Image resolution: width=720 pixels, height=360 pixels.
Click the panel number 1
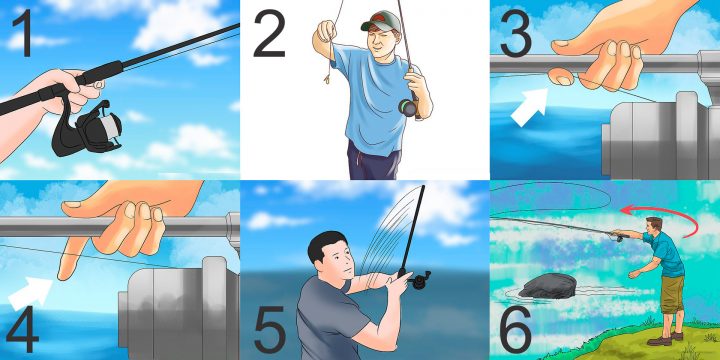24,32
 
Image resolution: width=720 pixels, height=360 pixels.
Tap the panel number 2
269,34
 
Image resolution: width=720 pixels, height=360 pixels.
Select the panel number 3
516,34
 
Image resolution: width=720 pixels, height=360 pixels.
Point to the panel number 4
23,329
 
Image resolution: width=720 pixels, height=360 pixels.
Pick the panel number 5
271,329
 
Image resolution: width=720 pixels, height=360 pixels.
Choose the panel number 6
516,329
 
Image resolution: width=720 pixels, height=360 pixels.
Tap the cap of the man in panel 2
381,21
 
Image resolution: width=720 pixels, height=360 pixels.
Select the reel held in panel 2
408,107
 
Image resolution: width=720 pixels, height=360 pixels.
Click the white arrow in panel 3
529,107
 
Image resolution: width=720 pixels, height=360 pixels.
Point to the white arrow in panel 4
31,293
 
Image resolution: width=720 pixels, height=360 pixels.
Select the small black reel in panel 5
420,280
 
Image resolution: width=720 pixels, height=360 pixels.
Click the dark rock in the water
547,286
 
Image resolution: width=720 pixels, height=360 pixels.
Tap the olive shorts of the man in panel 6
672,294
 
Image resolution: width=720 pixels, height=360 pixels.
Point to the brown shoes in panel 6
664,339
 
